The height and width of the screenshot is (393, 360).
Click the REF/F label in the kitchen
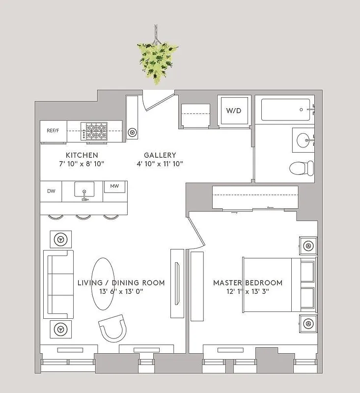[x=53, y=131]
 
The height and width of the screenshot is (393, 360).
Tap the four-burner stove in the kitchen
[x=96, y=131]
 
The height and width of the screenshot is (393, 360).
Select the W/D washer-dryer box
[x=234, y=111]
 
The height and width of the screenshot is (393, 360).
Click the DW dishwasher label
[x=51, y=191]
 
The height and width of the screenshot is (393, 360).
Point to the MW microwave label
[x=114, y=187]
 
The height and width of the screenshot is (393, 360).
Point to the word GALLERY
[x=157, y=155]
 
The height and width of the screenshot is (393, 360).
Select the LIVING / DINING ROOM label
[x=121, y=283]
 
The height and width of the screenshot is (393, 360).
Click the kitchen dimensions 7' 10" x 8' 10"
[x=79, y=164]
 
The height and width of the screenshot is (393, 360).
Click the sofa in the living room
[x=58, y=284]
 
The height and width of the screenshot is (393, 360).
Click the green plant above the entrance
[x=157, y=61]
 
